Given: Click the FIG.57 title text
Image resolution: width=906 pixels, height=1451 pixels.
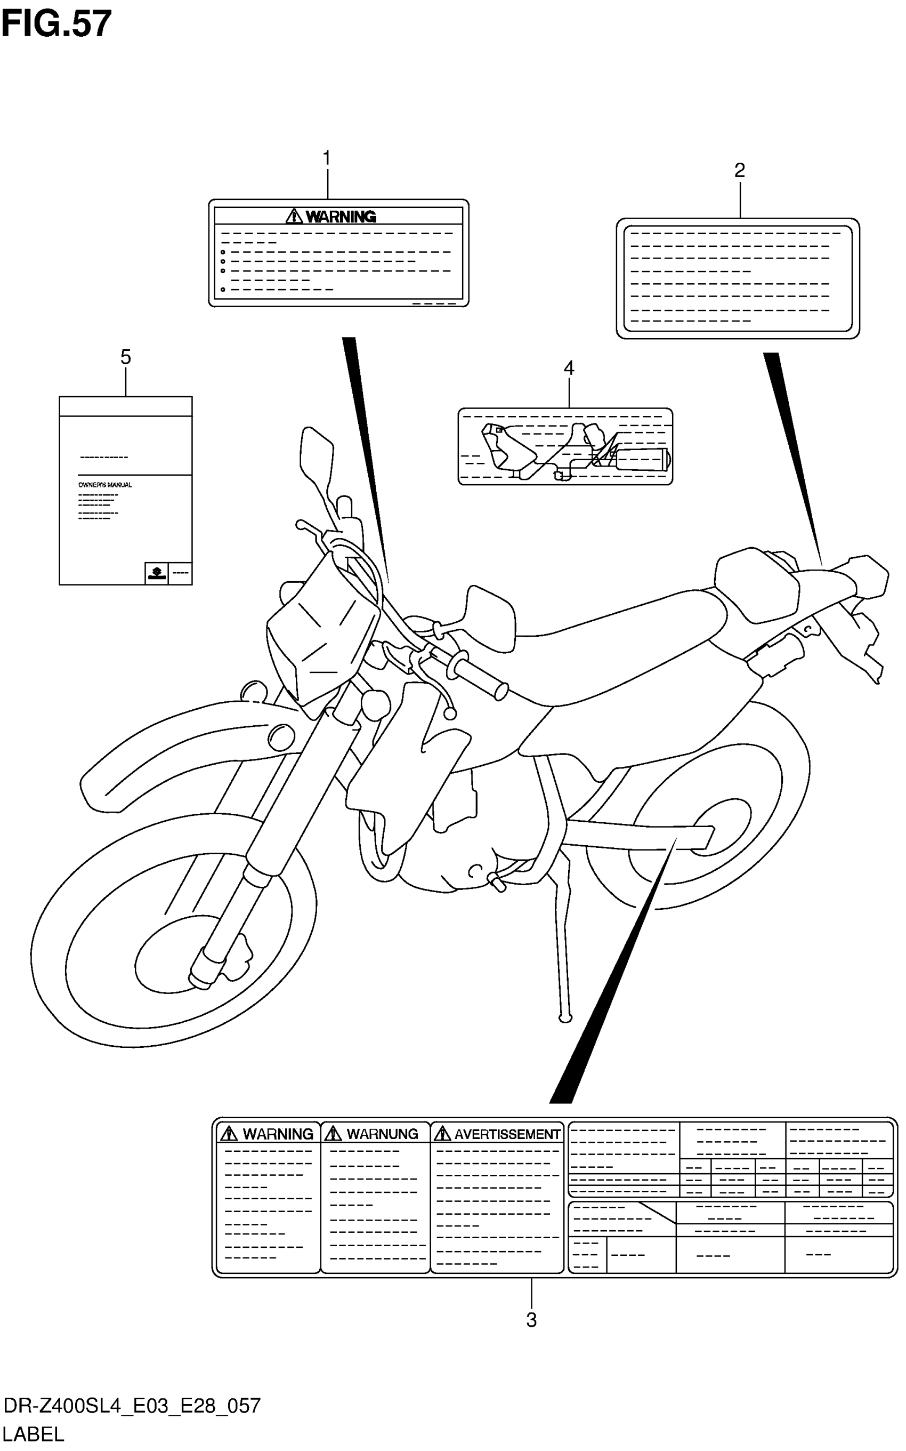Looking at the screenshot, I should pyautogui.click(x=56, y=24).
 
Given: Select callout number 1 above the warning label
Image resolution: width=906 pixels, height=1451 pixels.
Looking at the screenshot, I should pyautogui.click(x=327, y=158).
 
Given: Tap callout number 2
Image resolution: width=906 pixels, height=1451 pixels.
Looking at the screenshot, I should pyautogui.click(x=739, y=170).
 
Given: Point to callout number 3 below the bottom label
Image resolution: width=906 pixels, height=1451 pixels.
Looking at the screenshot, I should pyautogui.click(x=531, y=1319).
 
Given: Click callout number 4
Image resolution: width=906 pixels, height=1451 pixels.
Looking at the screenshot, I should pyautogui.click(x=569, y=367).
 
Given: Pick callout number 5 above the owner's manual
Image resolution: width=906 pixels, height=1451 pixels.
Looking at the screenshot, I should pyautogui.click(x=125, y=357).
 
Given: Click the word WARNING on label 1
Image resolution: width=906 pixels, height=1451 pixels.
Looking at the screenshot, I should pyautogui.click(x=341, y=217).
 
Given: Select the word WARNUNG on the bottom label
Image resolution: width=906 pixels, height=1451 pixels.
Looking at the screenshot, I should pyautogui.click(x=382, y=1134).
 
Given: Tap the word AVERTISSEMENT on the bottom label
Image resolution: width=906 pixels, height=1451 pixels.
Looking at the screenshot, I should pyautogui.click(x=507, y=1134).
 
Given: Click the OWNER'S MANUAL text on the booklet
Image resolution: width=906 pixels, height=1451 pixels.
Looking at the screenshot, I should pyautogui.click(x=106, y=484).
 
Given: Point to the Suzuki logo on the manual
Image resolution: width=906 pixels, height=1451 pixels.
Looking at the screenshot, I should pyautogui.click(x=156, y=573).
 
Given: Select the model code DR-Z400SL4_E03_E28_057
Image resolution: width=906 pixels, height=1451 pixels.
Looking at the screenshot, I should pyautogui.click(x=132, y=1406).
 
